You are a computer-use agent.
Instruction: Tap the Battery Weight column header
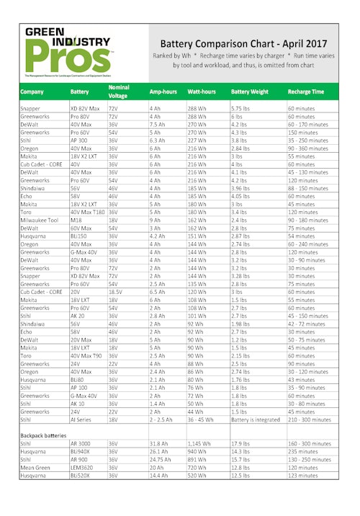point(250,92)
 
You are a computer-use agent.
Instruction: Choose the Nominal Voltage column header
point(118,92)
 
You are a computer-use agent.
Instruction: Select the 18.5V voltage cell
point(115,293)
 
